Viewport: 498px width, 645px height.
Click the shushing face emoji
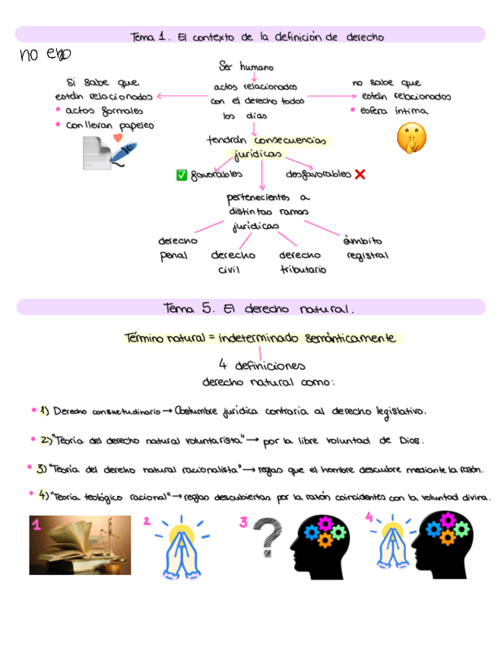411,138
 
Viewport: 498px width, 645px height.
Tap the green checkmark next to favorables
182,175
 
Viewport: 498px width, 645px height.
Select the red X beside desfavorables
360,174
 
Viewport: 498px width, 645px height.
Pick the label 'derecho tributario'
303,262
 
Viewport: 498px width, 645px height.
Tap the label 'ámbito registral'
367,248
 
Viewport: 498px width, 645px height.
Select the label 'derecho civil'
233,262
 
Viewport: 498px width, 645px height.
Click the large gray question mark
266,539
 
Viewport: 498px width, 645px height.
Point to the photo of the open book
80,545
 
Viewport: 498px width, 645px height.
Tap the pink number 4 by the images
370,516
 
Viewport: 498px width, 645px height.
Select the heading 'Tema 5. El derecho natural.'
259,308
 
